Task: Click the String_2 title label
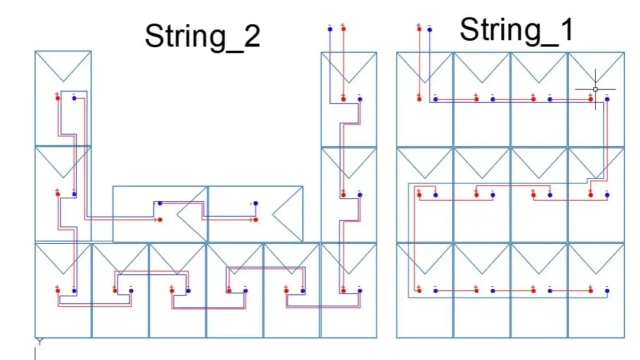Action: [202, 37]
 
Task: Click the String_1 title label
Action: [517, 30]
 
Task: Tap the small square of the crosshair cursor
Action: [595, 89]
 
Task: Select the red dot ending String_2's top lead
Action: [343, 28]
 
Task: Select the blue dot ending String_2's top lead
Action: [329, 28]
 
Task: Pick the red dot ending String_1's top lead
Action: [419, 28]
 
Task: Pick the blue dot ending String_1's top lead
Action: [429, 28]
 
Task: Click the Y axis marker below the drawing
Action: [40, 342]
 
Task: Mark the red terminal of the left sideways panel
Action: [160, 220]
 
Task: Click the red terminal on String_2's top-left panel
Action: [57, 98]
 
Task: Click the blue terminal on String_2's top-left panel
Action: [74, 98]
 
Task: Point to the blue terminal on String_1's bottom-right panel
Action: [607, 290]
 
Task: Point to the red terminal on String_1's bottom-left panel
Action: [419, 290]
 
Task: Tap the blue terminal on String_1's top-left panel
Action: [435, 99]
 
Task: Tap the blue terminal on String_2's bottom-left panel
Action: [74, 290]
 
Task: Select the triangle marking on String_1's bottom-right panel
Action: [595, 258]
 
